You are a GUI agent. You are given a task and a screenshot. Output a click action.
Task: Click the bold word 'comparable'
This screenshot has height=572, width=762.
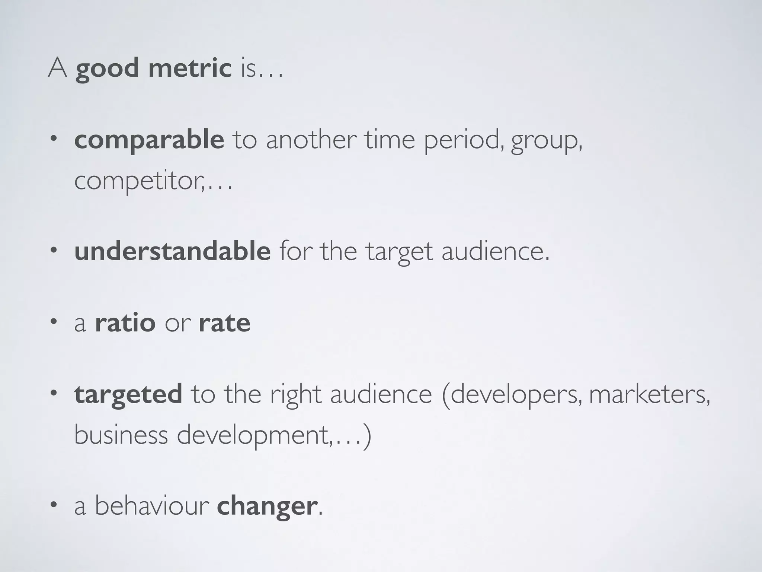point(149,140)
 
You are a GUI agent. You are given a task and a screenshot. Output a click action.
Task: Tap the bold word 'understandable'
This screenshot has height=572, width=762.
point(172,251)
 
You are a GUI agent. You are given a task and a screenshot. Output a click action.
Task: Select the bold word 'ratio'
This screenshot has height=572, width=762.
point(125,322)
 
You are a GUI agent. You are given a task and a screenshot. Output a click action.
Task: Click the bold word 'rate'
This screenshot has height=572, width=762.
point(224,322)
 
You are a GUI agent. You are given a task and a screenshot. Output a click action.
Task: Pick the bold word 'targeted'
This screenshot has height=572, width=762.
point(128,394)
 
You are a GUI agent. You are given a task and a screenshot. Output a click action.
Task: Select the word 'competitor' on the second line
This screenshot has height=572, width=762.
point(138,181)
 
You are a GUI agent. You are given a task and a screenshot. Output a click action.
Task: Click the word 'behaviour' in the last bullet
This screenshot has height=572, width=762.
point(152,506)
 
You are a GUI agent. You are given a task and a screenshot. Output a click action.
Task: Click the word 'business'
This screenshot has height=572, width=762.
point(121,435)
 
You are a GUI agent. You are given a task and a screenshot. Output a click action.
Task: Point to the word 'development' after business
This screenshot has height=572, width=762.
point(253,435)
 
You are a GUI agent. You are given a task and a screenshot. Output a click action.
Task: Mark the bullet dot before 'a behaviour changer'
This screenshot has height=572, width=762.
point(54,505)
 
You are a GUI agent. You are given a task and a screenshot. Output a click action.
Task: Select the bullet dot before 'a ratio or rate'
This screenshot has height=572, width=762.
point(54,322)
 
